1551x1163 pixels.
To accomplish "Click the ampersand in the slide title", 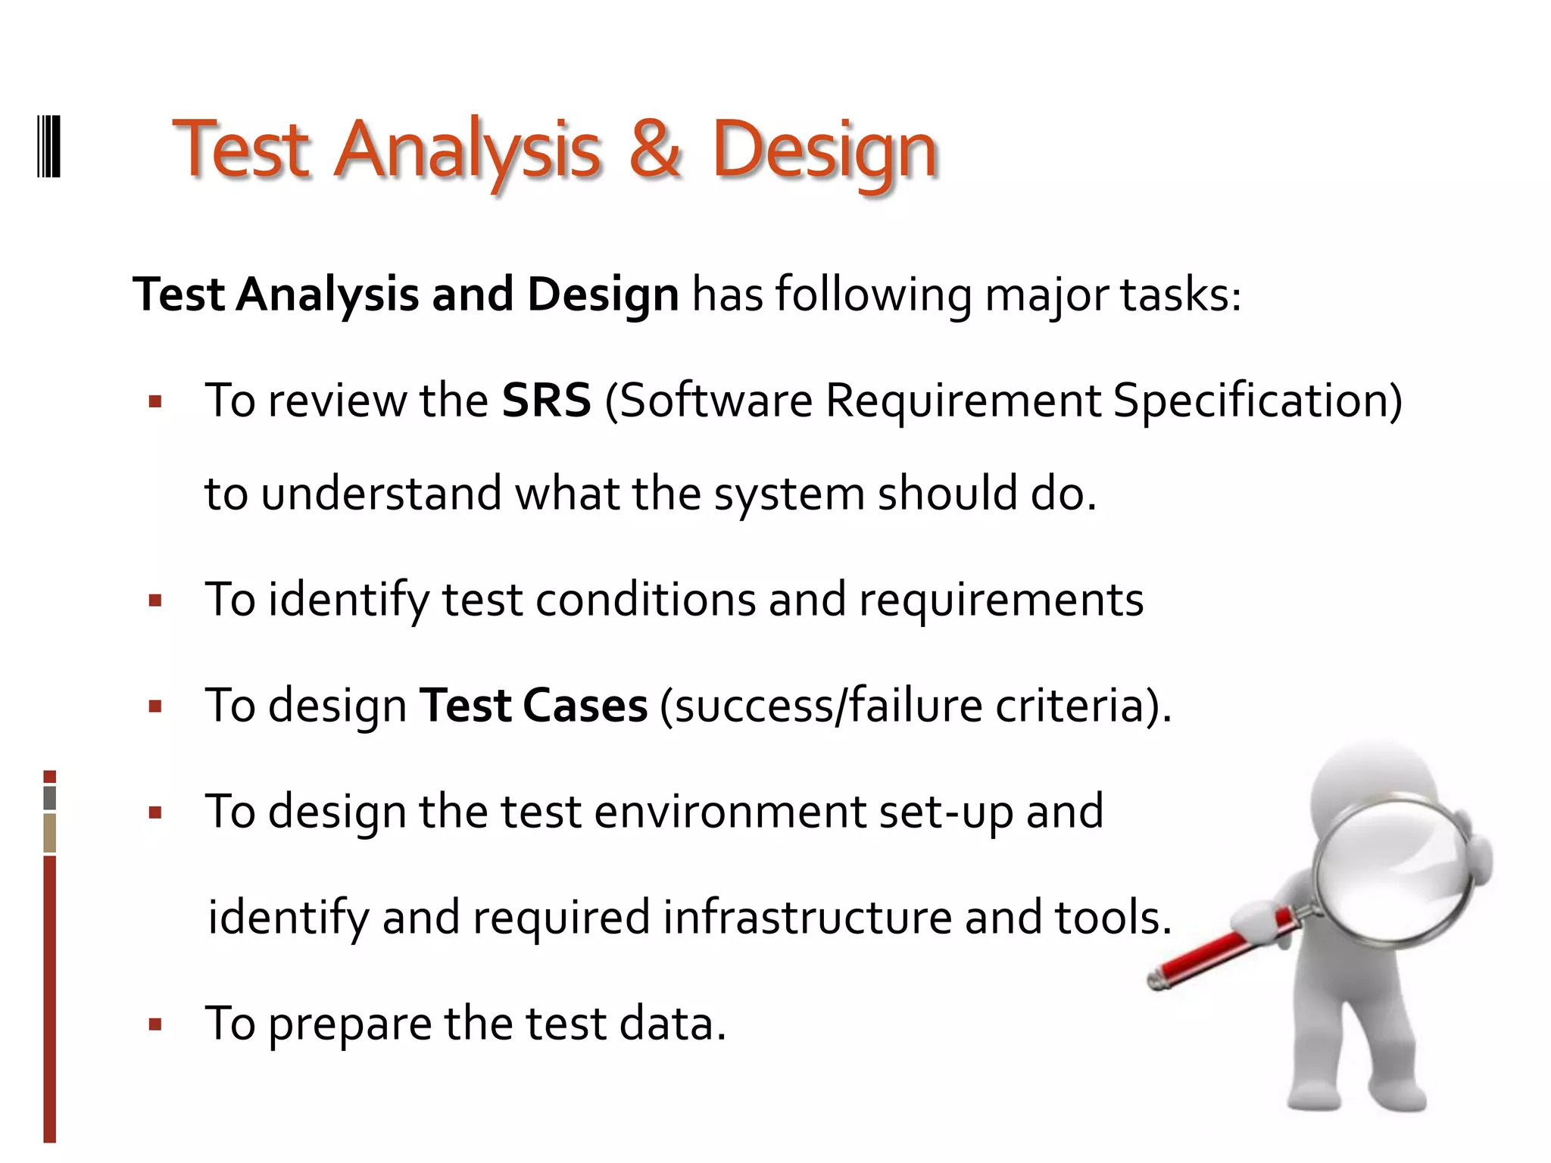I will click(656, 149).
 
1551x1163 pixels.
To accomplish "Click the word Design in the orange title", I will click(825, 151).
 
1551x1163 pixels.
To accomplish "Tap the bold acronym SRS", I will click(546, 401).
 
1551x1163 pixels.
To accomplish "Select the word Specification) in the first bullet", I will click(1257, 401).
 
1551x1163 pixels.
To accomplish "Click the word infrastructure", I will click(807, 918).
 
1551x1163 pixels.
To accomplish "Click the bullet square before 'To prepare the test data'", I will click(156, 1025).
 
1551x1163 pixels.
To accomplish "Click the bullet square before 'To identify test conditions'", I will click(156, 601).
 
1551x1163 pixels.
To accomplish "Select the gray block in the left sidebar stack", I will click(50, 797).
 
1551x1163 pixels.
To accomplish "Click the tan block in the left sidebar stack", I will click(50, 833).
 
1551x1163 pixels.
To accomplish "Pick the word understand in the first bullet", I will click(382, 494).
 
